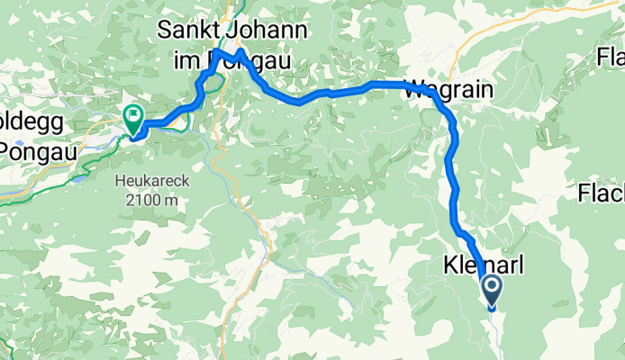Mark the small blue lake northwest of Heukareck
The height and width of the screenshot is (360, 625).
point(80,177)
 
